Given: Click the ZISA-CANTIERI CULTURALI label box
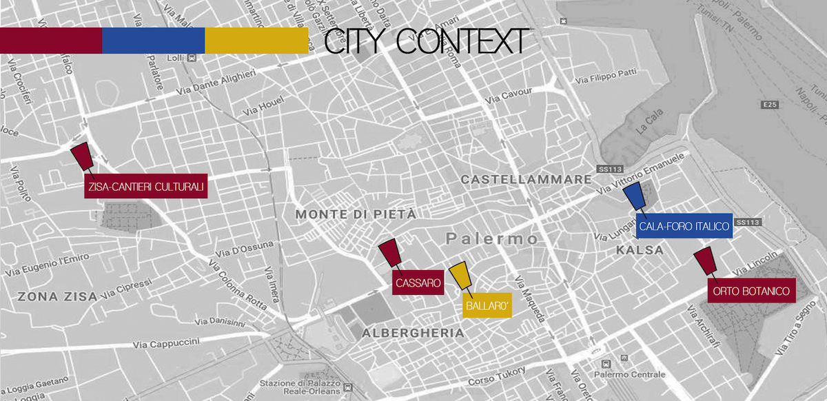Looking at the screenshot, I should click(146, 186).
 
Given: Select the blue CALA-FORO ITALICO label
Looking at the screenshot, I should click(684, 226).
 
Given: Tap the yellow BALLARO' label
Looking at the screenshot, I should click(487, 305).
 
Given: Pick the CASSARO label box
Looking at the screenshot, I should click(418, 282).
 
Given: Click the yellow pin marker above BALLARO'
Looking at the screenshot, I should click(460, 275).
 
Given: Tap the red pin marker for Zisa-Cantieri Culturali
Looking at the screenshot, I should click(82, 156).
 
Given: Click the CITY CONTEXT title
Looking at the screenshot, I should click(427, 41).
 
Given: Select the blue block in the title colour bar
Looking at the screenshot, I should click(153, 41).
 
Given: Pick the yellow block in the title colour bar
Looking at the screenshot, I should click(256, 41).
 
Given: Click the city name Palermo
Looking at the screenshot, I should click(491, 239).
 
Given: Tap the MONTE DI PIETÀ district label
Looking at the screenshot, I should click(356, 215).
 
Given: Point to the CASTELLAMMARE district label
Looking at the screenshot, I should click(526, 180).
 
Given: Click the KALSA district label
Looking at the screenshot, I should click(641, 250).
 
